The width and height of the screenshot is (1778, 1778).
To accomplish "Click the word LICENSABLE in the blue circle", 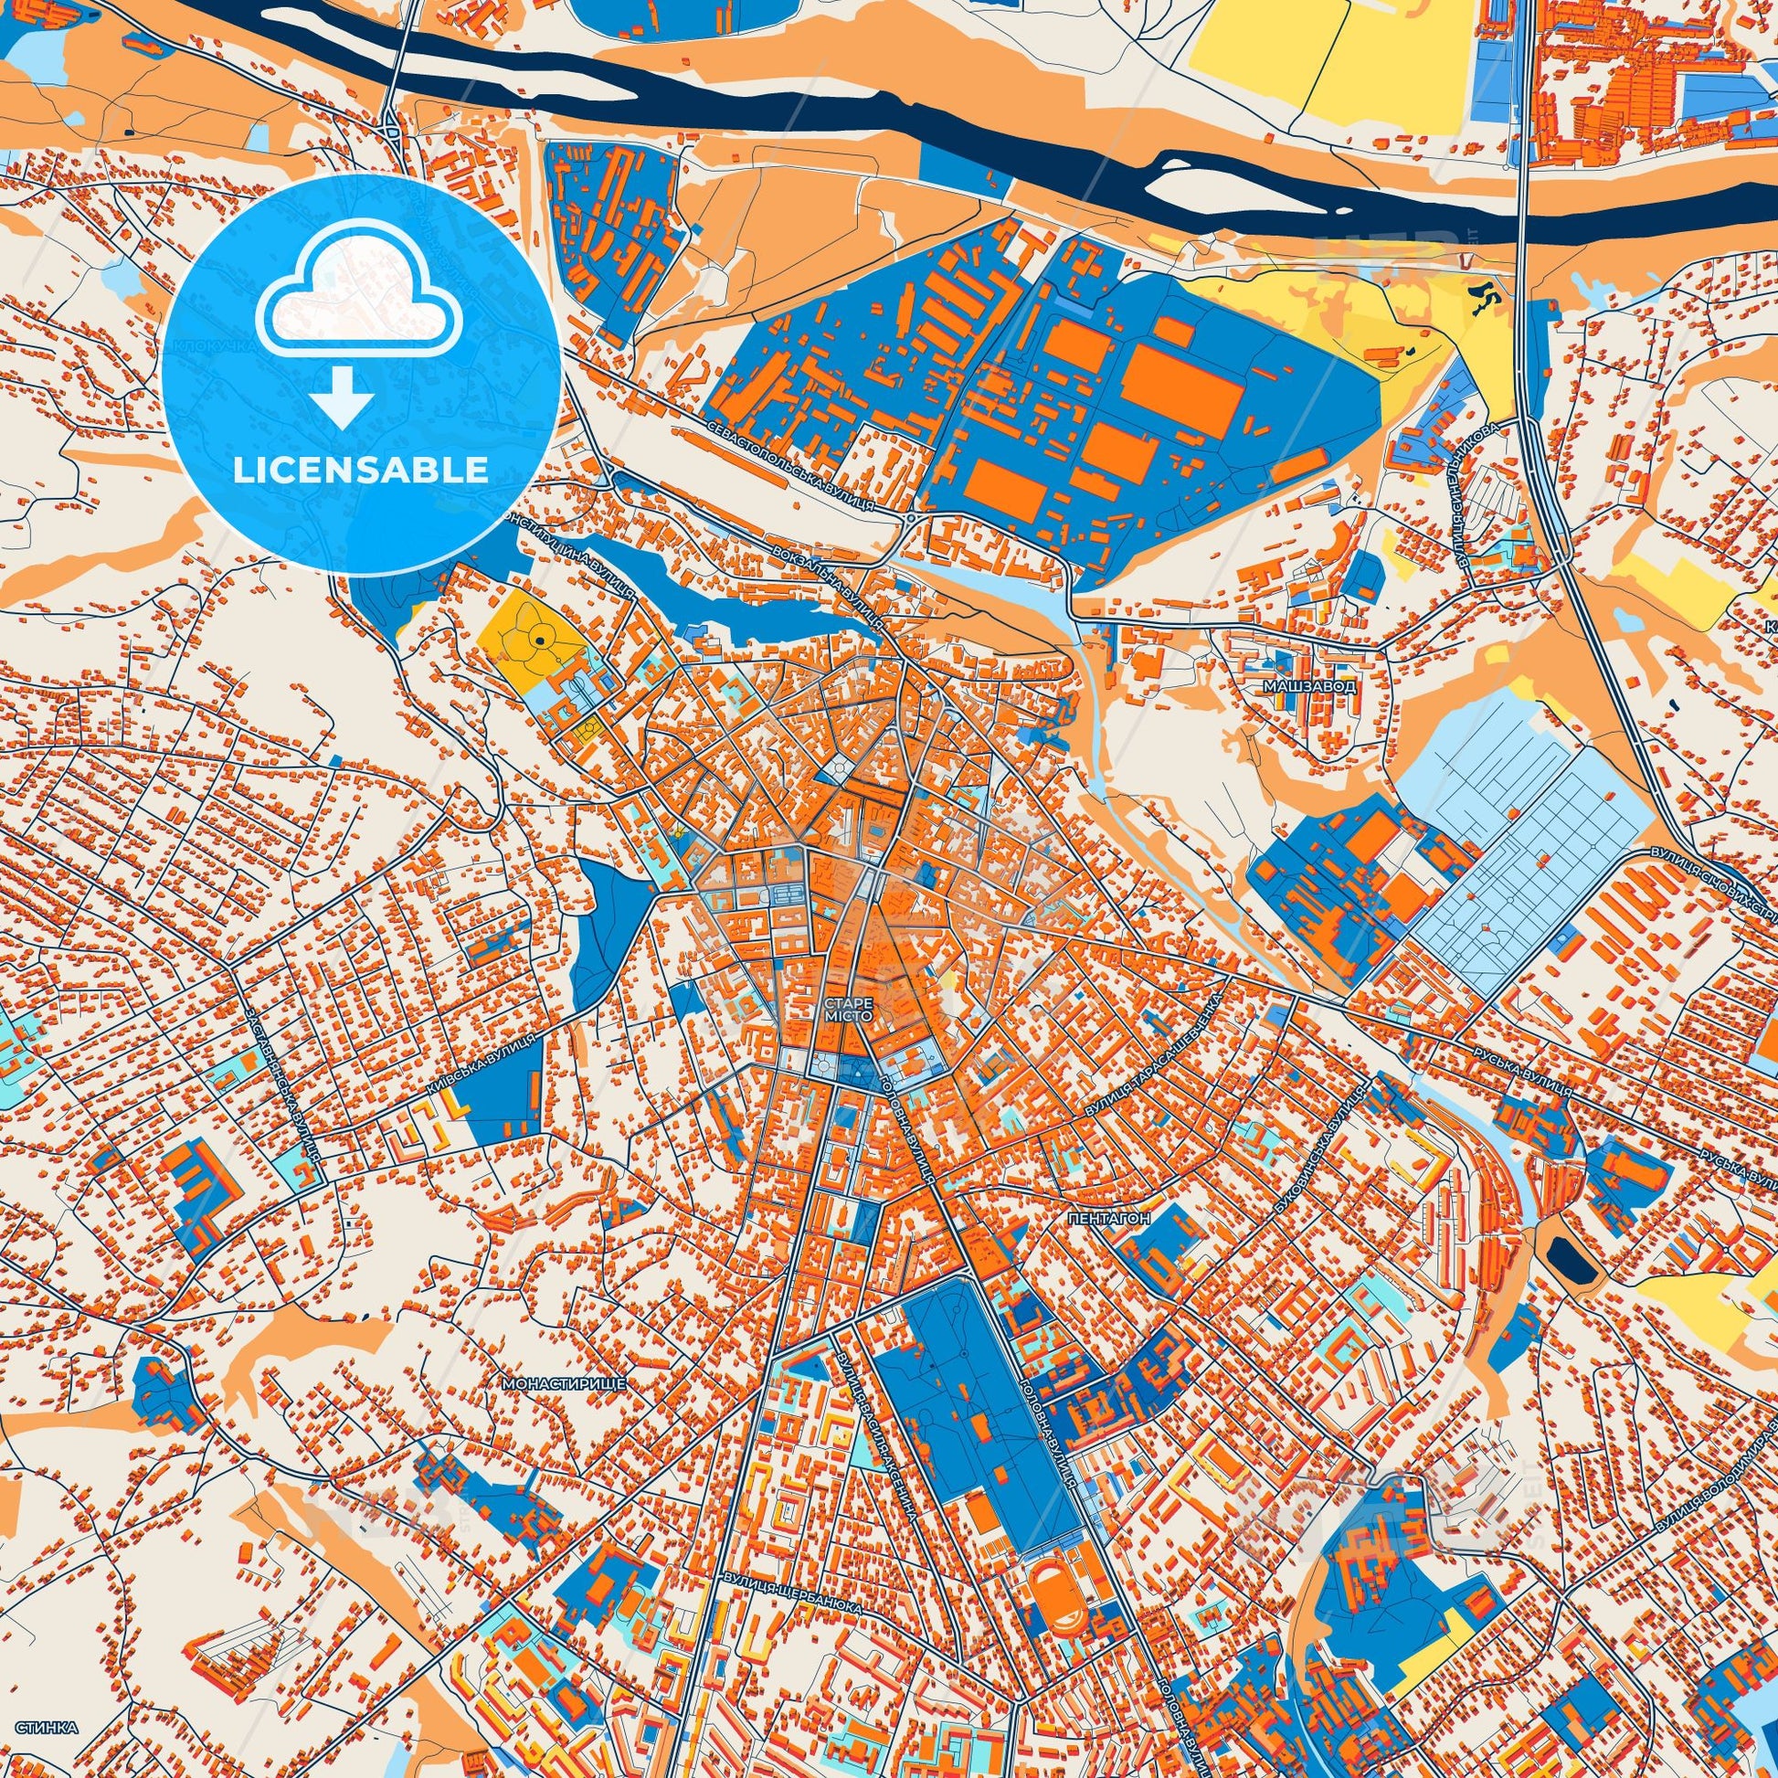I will pos(360,471).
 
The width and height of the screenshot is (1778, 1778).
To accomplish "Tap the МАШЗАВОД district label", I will pos(1310,686).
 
